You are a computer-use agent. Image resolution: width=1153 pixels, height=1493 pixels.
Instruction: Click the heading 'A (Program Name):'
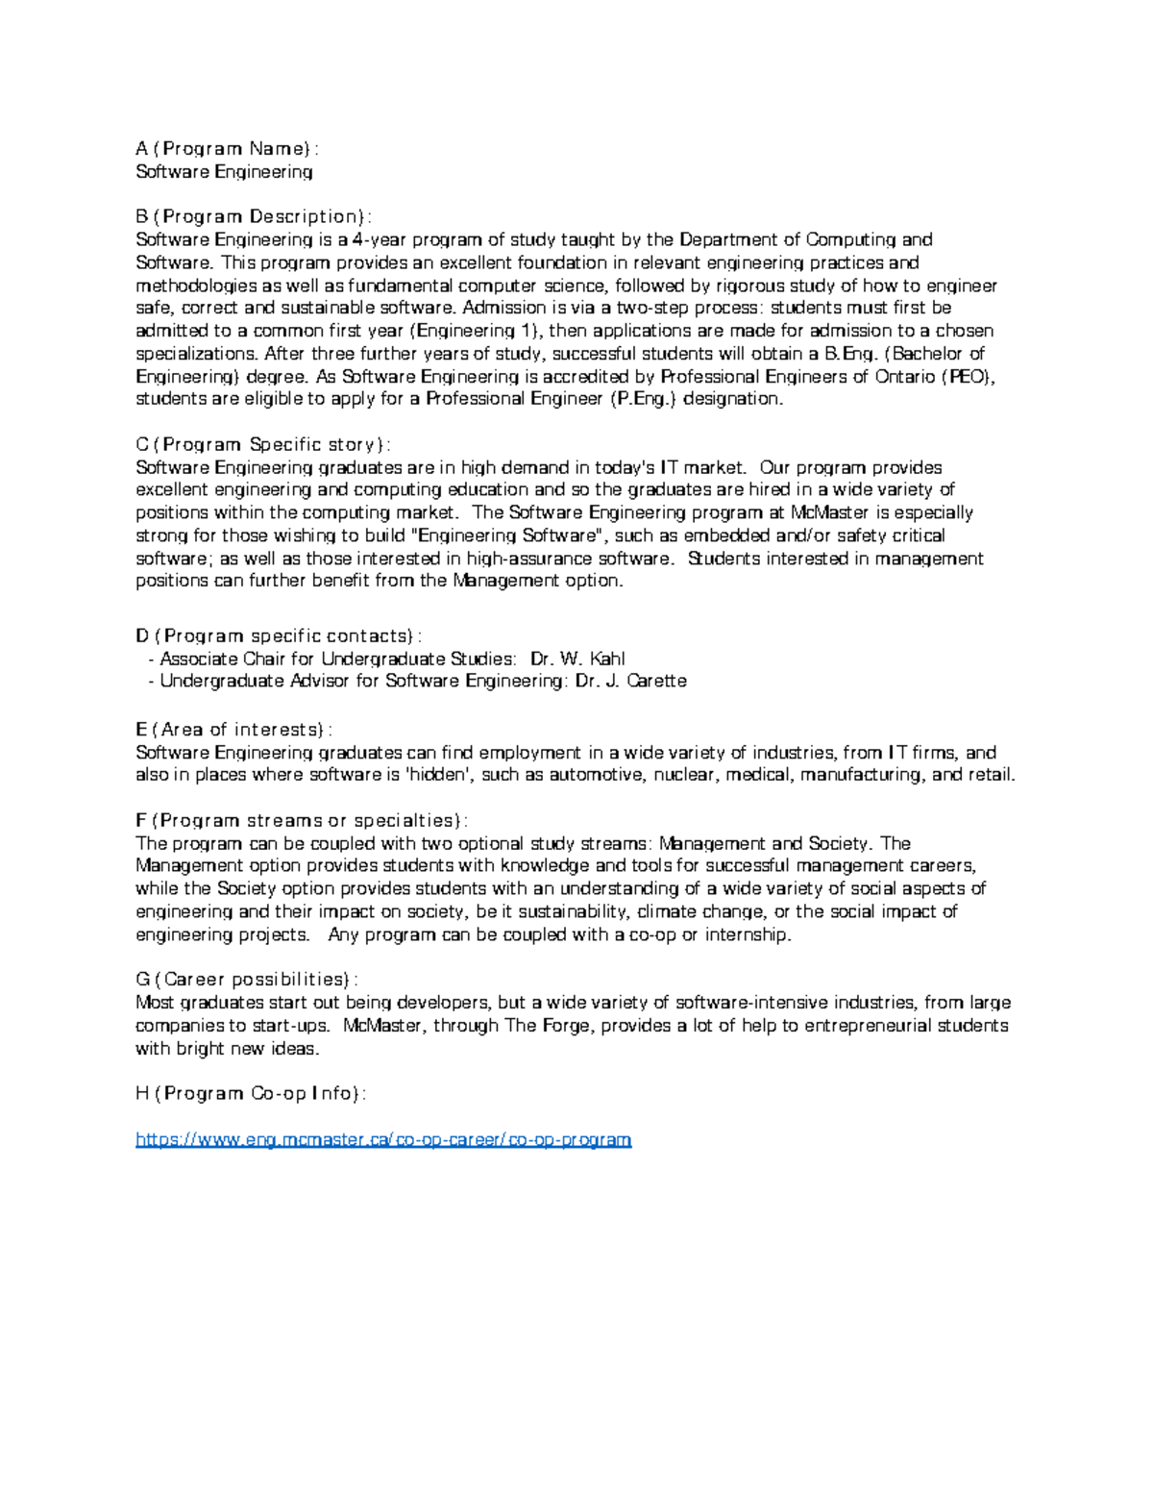tap(226, 149)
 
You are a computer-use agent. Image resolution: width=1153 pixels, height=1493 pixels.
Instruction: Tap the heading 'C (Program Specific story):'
tap(263, 444)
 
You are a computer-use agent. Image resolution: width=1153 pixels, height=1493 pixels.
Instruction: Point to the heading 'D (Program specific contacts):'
tap(279, 635)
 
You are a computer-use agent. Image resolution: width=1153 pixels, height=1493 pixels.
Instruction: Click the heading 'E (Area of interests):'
tap(234, 730)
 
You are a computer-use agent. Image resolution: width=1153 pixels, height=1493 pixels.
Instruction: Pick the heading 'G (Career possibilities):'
tap(247, 980)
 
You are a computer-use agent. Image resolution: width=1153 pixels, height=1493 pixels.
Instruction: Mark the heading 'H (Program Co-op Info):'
tap(251, 1094)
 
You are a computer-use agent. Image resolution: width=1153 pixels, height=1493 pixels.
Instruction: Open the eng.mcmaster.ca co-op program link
tap(383, 1140)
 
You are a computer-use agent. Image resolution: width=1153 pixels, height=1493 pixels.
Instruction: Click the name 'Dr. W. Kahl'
tap(577, 659)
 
